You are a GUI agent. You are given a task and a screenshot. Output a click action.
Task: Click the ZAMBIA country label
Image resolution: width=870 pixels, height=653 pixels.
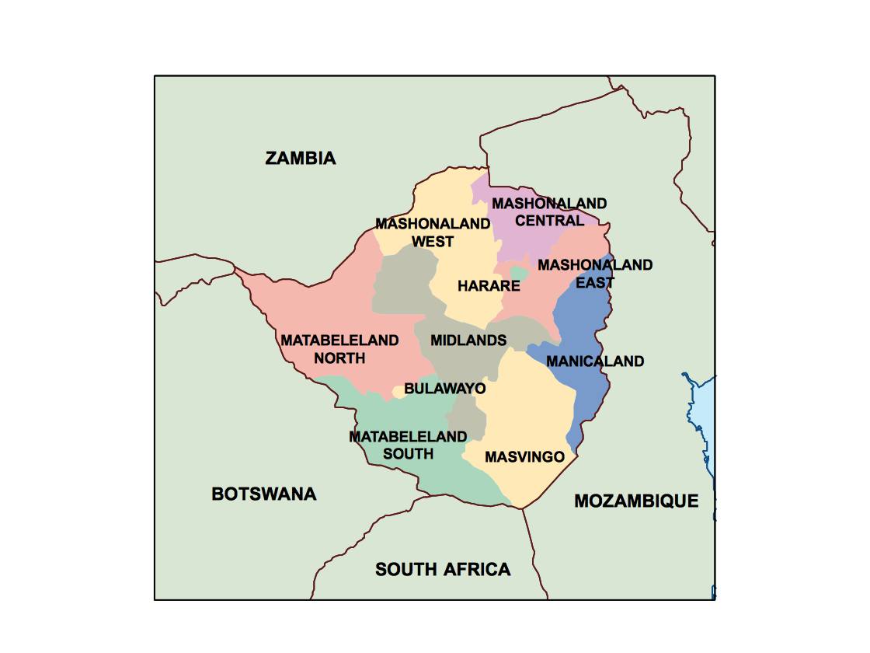(301, 159)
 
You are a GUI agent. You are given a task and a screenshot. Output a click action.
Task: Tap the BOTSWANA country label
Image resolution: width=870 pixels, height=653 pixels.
(264, 494)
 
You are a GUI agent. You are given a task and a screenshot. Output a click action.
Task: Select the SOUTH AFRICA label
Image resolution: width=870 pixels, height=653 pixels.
(443, 570)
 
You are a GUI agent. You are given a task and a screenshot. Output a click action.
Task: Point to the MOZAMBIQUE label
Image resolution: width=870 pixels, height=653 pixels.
(636, 501)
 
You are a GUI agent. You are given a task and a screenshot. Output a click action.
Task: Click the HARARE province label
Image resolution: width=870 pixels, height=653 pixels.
(489, 286)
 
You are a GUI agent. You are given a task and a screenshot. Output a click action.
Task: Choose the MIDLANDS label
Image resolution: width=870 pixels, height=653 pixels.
(468, 340)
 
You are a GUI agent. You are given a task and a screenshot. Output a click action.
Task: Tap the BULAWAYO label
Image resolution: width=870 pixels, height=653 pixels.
(444, 388)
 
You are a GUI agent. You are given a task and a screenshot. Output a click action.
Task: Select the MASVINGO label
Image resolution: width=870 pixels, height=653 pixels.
(524, 457)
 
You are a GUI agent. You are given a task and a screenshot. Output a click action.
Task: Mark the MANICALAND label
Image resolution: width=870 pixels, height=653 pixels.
(595, 361)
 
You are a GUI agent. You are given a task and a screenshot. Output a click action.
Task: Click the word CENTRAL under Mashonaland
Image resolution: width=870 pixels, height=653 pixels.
(549, 221)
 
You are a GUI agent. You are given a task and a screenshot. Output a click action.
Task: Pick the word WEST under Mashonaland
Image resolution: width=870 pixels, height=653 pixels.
(433, 242)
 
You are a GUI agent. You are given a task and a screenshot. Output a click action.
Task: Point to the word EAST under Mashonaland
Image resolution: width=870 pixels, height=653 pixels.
(595, 283)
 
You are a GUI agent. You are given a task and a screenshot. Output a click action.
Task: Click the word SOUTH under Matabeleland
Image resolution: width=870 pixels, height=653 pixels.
(408, 454)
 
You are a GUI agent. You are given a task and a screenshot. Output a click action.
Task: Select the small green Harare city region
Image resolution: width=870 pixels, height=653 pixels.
(519, 274)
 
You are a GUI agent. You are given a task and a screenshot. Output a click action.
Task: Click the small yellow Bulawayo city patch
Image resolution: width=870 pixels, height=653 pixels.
(398, 391)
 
